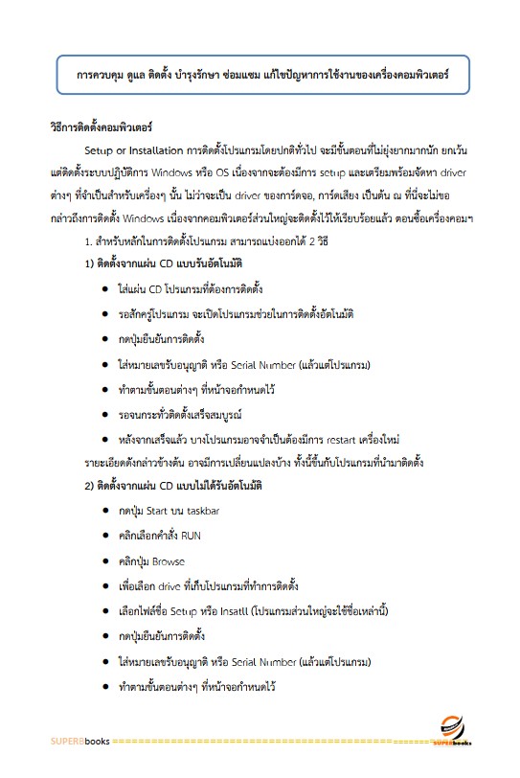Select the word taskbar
click(x=205, y=511)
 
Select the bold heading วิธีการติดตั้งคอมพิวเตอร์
click(x=101, y=126)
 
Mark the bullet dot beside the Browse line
click(x=103, y=561)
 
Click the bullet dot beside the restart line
click(x=103, y=440)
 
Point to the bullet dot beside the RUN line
click(x=103, y=536)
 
